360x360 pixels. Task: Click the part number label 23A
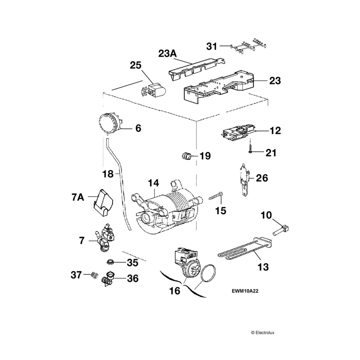(x=168, y=54)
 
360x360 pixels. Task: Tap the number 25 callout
(x=136, y=65)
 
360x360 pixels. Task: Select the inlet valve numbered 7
(x=104, y=240)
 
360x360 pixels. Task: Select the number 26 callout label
(x=262, y=178)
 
